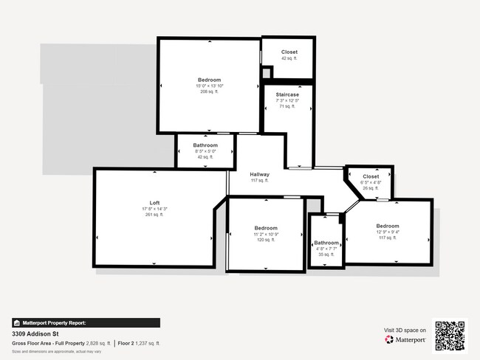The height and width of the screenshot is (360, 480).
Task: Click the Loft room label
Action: pos(154,203)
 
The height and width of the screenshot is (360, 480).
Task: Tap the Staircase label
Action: pos(287,95)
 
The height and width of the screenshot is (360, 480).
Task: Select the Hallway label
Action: pos(258,174)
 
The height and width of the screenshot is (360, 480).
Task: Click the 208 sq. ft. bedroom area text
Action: pos(209,93)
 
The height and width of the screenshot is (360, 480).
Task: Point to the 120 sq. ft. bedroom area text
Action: pos(266,240)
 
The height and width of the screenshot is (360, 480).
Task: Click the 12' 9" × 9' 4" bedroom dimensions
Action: pos(387,232)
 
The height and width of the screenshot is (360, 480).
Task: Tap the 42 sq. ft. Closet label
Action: pos(289,52)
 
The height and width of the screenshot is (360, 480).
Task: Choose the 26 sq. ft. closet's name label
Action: pos(371,177)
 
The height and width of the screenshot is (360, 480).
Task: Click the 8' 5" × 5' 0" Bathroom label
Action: pos(205,145)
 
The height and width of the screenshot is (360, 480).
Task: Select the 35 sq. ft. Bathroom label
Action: pos(326,243)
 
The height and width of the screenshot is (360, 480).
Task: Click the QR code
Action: pos(450,336)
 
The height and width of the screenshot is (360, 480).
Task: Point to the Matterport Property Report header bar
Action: pos(85,322)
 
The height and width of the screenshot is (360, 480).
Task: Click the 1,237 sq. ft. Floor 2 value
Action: pos(148,344)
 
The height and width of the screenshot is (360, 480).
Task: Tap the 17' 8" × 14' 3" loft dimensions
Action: pos(154,210)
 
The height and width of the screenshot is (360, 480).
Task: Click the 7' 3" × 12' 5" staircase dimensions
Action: pos(287,101)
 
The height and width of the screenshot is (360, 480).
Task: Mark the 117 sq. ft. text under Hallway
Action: pos(258,180)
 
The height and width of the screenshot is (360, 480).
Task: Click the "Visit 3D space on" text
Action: pos(405,330)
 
